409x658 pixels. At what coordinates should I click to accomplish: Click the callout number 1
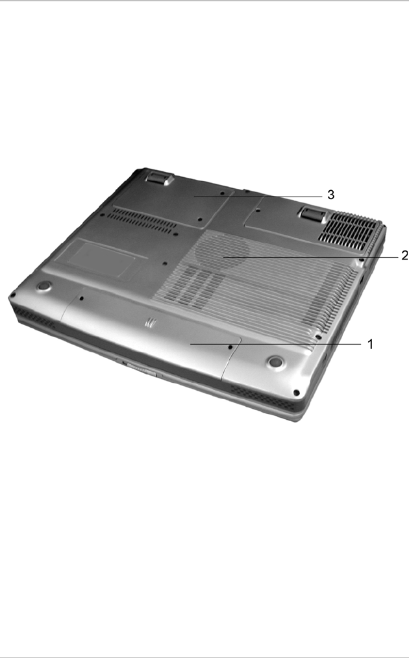tap(370, 344)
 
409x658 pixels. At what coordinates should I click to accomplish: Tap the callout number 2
tap(404, 255)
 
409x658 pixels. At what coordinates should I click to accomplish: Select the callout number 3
tap(331, 195)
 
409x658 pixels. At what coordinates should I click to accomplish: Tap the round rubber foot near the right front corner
tap(275, 361)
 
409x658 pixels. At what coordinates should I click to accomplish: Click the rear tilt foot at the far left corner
tap(159, 177)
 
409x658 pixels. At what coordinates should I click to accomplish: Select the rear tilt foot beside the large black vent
tap(312, 214)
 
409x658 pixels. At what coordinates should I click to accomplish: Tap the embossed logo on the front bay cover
tap(150, 323)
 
